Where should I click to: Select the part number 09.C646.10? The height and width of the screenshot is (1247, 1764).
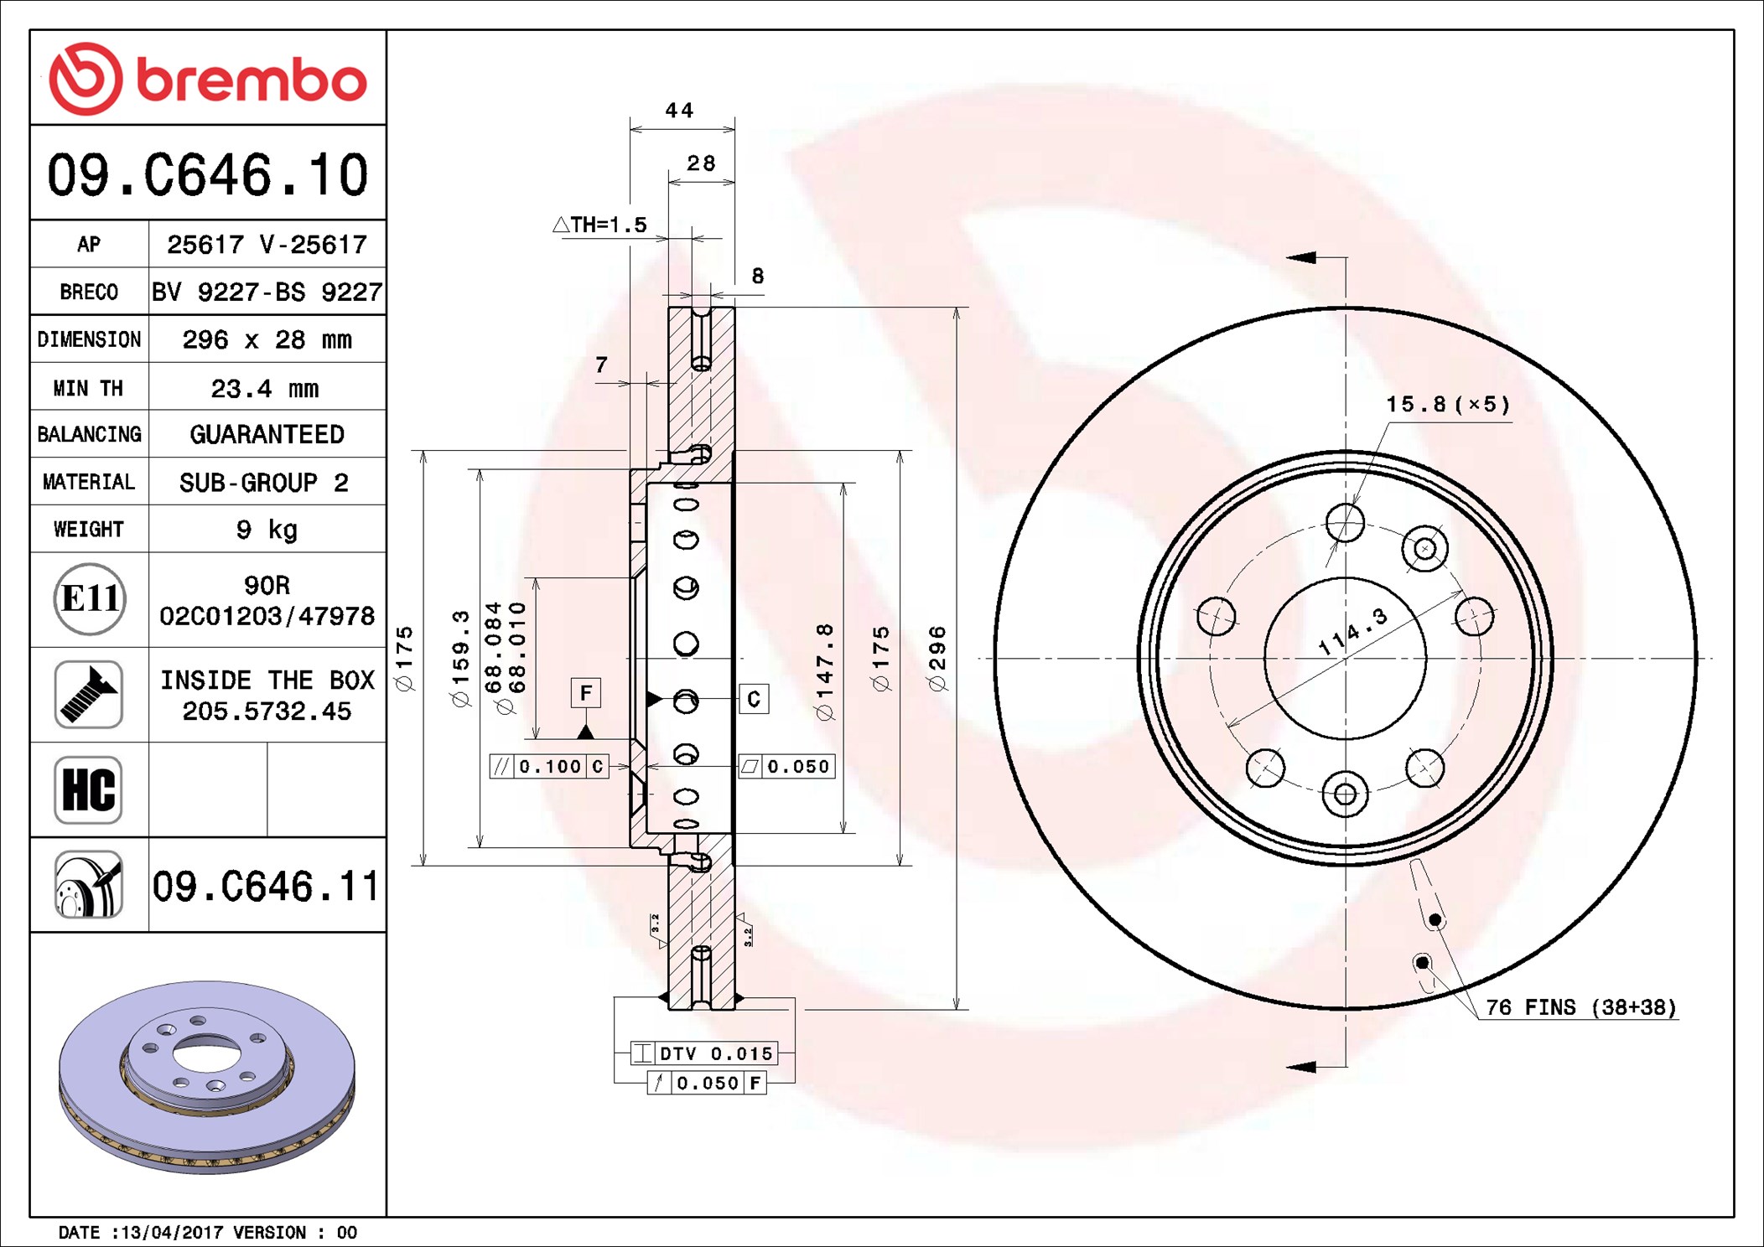pos(207,175)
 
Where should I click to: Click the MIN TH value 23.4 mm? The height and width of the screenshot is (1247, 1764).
pos(265,388)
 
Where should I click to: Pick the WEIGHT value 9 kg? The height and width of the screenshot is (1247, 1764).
pos(267,530)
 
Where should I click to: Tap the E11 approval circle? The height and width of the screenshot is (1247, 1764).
pos(90,599)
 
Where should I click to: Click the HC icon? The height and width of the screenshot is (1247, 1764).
pos(89,789)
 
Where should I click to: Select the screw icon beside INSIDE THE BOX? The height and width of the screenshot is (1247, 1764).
pos(89,694)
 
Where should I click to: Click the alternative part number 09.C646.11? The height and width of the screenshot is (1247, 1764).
pos(265,886)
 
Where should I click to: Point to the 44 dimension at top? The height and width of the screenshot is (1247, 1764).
pos(679,111)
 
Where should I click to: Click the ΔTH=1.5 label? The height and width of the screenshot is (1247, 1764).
pos(600,225)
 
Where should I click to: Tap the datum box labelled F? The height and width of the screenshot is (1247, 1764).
pos(585,693)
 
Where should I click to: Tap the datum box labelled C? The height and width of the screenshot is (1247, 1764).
pos(753,699)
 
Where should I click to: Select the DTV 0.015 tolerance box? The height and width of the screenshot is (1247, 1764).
pos(704,1053)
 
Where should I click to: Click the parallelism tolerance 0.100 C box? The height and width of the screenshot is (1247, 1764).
pos(549,766)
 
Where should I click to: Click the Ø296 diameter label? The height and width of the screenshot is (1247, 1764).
pos(937,658)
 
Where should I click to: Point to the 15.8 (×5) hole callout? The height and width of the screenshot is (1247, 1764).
pos(1447,405)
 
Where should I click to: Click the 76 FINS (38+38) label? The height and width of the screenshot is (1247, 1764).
pos(1580,1007)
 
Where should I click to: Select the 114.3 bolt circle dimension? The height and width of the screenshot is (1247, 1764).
pos(1352,633)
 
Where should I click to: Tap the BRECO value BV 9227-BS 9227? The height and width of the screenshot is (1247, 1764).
pos(267,292)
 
